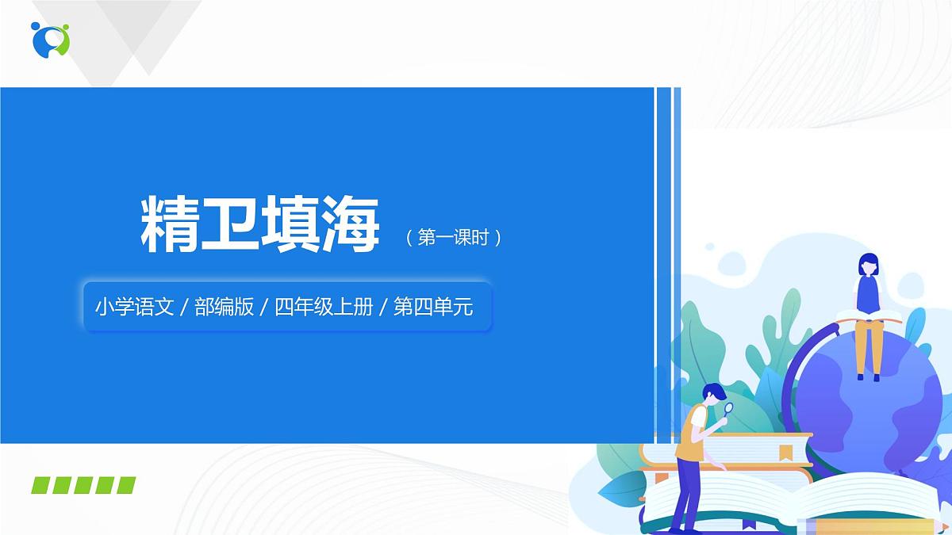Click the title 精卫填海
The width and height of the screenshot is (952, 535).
[260, 225]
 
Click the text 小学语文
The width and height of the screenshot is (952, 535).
[134, 307]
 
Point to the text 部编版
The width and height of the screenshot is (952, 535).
[225, 307]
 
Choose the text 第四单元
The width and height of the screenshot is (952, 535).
[433, 307]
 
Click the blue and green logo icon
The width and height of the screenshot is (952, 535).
[51, 39]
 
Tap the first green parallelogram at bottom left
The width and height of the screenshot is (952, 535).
[41, 485]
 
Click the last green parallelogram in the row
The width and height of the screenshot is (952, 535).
[126, 485]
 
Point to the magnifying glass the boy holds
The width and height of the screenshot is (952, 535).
[728, 410]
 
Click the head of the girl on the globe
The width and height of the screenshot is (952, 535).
[868, 264]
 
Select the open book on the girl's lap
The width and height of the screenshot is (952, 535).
[869, 316]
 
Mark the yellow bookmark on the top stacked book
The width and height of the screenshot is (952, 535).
[785, 453]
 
